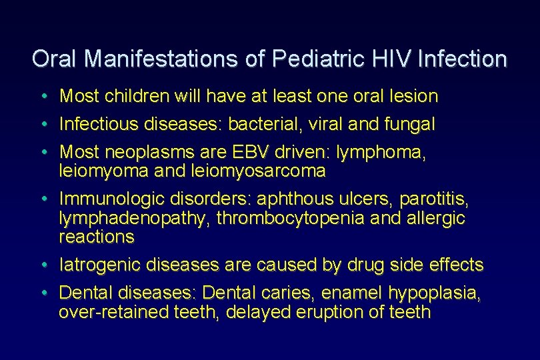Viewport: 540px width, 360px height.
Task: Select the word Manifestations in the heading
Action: tap(168, 59)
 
